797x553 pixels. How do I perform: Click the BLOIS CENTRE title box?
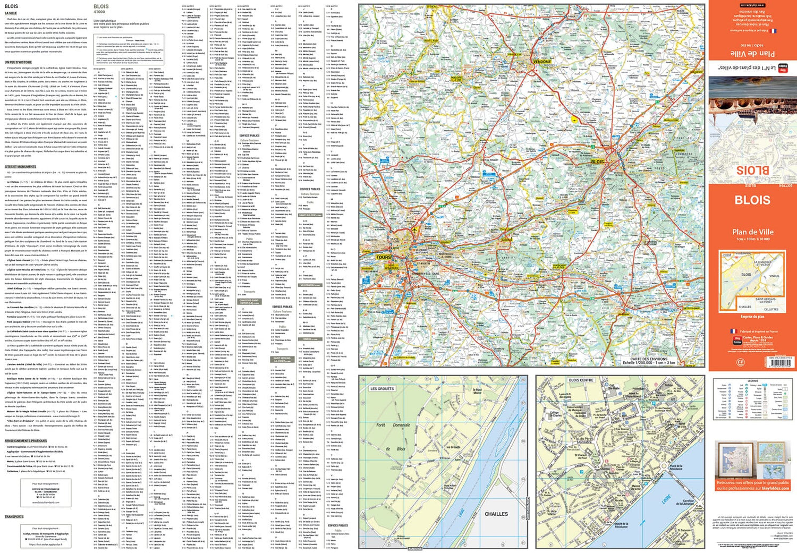point(581,380)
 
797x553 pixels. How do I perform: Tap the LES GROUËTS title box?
point(381,389)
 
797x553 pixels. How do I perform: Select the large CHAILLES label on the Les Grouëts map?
point(496,514)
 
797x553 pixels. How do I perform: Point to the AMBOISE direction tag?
point(414,548)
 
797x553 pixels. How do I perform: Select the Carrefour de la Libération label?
point(688,502)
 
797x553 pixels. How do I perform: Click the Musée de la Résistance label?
point(621,525)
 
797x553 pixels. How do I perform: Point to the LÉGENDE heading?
point(752,381)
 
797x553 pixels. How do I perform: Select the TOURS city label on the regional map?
point(383,257)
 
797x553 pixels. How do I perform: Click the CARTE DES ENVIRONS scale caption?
point(649,361)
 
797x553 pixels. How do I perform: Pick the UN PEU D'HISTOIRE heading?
point(19,62)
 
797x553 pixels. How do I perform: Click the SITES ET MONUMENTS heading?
point(20,167)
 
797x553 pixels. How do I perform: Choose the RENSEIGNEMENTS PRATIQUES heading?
point(26,441)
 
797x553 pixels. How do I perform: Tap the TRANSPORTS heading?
point(14,516)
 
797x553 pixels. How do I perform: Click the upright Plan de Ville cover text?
point(752,232)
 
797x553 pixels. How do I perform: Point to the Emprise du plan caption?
point(752,317)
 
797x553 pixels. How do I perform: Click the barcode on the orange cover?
point(779,361)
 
